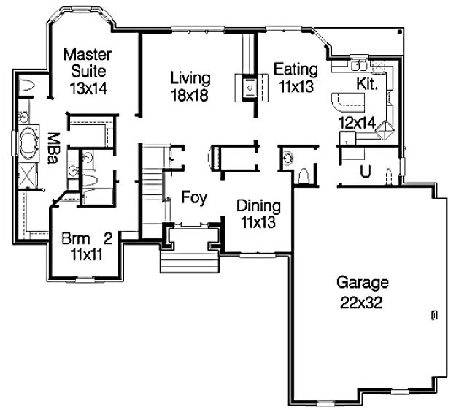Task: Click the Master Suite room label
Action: point(88,63)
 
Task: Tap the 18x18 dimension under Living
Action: point(190,96)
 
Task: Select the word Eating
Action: point(296,69)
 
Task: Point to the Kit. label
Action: point(367,84)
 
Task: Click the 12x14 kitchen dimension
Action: point(357,123)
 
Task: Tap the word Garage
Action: point(363,283)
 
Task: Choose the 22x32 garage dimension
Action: point(361,303)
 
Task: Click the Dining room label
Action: point(258,206)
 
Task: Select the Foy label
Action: point(194,197)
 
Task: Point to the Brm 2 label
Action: point(87,239)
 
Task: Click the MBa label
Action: point(53,148)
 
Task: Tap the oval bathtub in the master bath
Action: point(28,143)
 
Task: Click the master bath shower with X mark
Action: point(28,175)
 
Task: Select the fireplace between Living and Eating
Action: point(250,88)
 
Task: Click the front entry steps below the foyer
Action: point(190,262)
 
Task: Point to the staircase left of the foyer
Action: point(152,191)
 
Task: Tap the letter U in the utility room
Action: point(366,172)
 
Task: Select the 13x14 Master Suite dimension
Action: point(88,88)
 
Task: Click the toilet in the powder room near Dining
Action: point(304,175)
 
